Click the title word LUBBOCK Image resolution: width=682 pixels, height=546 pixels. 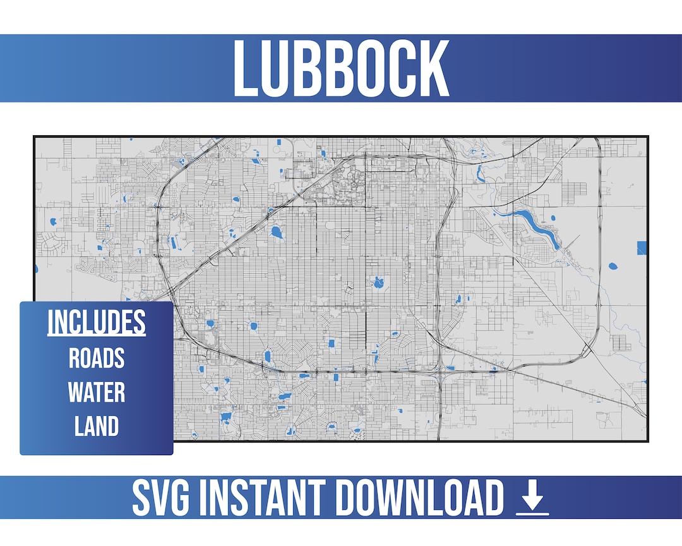tap(341, 68)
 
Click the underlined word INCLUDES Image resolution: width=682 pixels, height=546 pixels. tap(97, 322)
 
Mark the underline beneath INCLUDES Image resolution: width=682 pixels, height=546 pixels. tap(97, 336)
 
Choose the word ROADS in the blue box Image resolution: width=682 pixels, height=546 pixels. tap(97, 358)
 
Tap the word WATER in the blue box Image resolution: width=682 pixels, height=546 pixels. tap(97, 392)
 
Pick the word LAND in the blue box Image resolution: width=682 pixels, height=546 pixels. tap(97, 427)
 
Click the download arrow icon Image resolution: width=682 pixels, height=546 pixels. tap(532, 495)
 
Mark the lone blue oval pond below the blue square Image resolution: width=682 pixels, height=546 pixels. tap(612, 266)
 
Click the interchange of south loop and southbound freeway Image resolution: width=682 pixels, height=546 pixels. tap(438, 372)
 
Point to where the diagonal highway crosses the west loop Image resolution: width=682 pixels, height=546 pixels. tap(172, 291)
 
